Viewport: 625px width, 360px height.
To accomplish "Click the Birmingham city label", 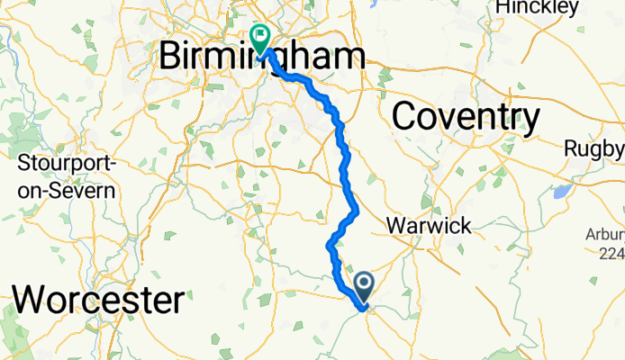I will pyautogui.click(x=261, y=57).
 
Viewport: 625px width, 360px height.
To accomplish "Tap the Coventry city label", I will pyautogui.click(x=466, y=117).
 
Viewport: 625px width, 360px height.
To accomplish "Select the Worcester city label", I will pyautogui.click(x=100, y=297).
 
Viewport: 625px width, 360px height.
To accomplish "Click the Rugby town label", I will pyautogui.click(x=593, y=148).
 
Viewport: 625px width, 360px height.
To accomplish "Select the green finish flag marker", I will pyautogui.click(x=260, y=39).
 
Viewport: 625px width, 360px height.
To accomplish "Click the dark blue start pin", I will pyautogui.click(x=365, y=287).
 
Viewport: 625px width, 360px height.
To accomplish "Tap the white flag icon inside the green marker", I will pyautogui.click(x=260, y=37).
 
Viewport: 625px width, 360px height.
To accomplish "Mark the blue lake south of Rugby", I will pyautogui.click(x=561, y=191).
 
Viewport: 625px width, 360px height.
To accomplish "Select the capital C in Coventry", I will pyautogui.click(x=405, y=117).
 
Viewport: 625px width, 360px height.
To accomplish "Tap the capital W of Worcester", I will pyautogui.click(x=33, y=297).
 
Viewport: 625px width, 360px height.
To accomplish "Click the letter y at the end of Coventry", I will pyautogui.click(x=531, y=121).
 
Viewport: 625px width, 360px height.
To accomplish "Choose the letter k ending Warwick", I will pyautogui.click(x=465, y=225).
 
